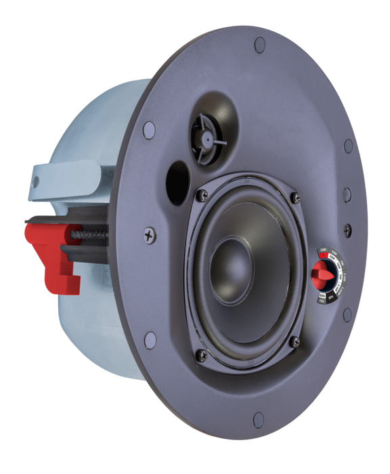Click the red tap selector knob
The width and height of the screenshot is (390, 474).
pyautogui.click(x=320, y=275)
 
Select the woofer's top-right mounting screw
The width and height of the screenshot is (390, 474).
pyautogui.click(x=295, y=197)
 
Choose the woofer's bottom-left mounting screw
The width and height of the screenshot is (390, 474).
pyautogui.click(x=200, y=354)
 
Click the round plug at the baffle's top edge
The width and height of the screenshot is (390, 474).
pyautogui.click(x=259, y=46)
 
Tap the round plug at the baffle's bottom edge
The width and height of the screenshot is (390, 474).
pyautogui.click(x=257, y=418)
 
